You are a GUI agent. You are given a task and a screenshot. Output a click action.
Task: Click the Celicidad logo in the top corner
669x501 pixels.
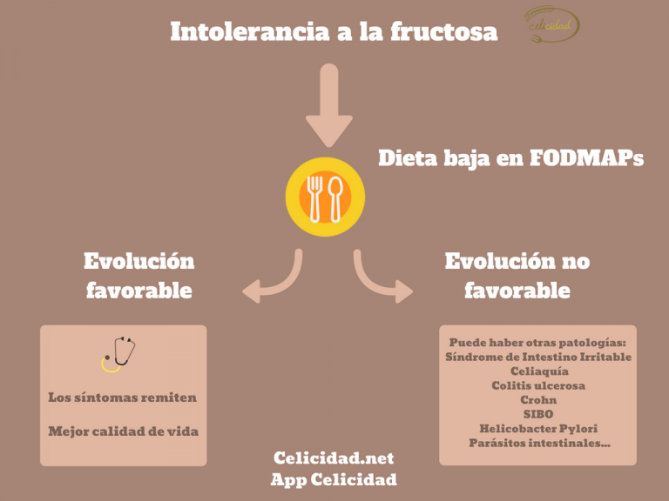coord(551,24)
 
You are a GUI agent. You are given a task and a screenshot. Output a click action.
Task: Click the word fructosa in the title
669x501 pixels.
coord(444,32)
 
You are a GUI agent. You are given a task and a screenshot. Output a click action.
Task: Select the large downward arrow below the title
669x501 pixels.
coord(329,105)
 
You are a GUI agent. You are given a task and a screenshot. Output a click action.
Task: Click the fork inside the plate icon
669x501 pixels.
coord(314,199)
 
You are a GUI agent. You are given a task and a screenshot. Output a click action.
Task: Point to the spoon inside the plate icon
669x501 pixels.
coord(335,199)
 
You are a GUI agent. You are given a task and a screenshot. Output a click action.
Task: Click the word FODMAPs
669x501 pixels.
coord(586,158)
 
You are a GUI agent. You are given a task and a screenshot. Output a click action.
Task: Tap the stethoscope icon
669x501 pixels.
coord(118,354)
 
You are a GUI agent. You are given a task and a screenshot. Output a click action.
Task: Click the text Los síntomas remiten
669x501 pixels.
coord(123,397)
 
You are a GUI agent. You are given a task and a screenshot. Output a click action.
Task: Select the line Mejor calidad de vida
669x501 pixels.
coord(124,431)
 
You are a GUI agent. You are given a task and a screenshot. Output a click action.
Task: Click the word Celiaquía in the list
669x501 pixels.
coord(539,371)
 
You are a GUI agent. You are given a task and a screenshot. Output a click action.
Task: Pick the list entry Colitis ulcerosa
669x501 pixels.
coord(538,385)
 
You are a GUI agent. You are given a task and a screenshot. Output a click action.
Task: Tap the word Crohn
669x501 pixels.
coord(538,400)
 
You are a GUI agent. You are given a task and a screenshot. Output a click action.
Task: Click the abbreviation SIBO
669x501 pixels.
coord(538,414)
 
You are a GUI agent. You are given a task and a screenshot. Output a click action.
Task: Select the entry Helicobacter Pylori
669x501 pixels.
coord(538,429)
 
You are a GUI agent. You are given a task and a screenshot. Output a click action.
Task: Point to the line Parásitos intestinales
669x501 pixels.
coord(540,443)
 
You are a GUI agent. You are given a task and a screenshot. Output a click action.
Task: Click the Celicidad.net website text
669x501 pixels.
coord(334,458)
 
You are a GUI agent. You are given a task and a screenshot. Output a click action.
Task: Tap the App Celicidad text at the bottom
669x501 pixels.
coord(334,479)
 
